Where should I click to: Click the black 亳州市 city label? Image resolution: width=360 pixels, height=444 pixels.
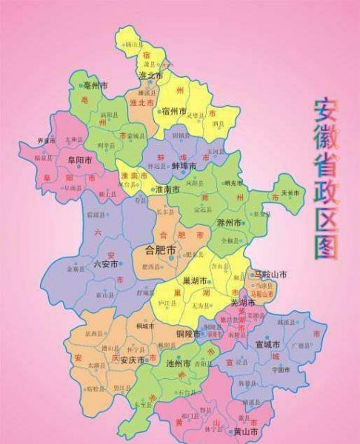(98, 87)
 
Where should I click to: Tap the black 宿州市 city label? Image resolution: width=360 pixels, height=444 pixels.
(175, 111)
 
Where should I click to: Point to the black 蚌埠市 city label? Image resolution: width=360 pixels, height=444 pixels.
(185, 167)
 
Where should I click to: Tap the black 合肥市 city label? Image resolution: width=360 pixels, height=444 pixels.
(161, 250)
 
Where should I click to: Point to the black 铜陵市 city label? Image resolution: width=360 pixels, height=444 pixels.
(190, 334)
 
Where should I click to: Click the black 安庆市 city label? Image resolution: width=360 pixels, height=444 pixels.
(133, 360)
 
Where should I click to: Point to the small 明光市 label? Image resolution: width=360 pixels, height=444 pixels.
(233, 183)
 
